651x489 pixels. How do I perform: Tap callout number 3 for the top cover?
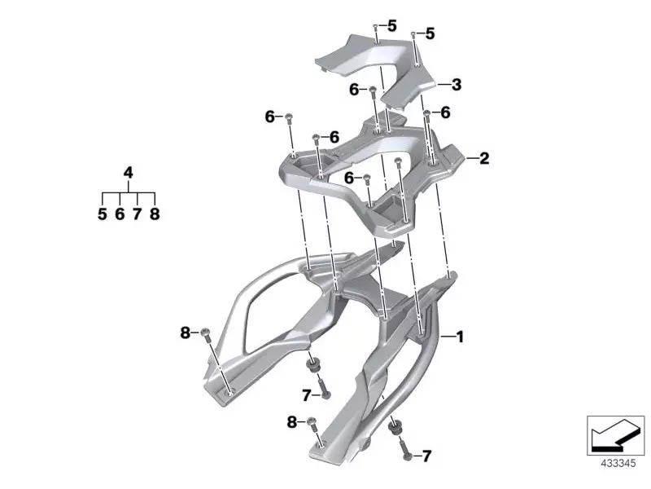tap(457, 84)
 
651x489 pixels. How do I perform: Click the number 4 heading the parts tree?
tap(128, 172)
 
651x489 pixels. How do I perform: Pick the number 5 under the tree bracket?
tap(103, 214)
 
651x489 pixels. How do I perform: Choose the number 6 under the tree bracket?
tap(120, 214)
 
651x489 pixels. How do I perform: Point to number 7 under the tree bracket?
tap(137, 214)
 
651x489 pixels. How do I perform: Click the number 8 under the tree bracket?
tap(155, 214)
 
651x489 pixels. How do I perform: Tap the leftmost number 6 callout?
tap(269, 117)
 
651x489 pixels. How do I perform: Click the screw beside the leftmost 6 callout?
tap(289, 119)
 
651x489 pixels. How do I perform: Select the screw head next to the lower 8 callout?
tap(309, 423)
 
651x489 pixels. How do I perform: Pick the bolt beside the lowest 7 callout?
tap(405, 449)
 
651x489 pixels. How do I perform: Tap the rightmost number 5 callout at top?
tap(430, 33)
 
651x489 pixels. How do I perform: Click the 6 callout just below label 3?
tap(445, 113)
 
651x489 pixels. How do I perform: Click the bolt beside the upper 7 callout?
tap(325, 391)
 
